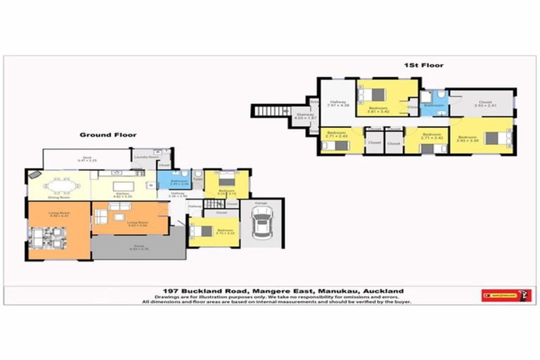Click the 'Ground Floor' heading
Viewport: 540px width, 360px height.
point(108,134)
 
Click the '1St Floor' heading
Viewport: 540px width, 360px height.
point(423,65)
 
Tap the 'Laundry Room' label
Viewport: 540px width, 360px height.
point(143,157)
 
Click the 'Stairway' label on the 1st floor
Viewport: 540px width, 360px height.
point(304,115)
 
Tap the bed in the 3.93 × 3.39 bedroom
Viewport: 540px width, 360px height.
point(496,137)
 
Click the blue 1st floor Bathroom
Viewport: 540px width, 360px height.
point(432,102)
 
